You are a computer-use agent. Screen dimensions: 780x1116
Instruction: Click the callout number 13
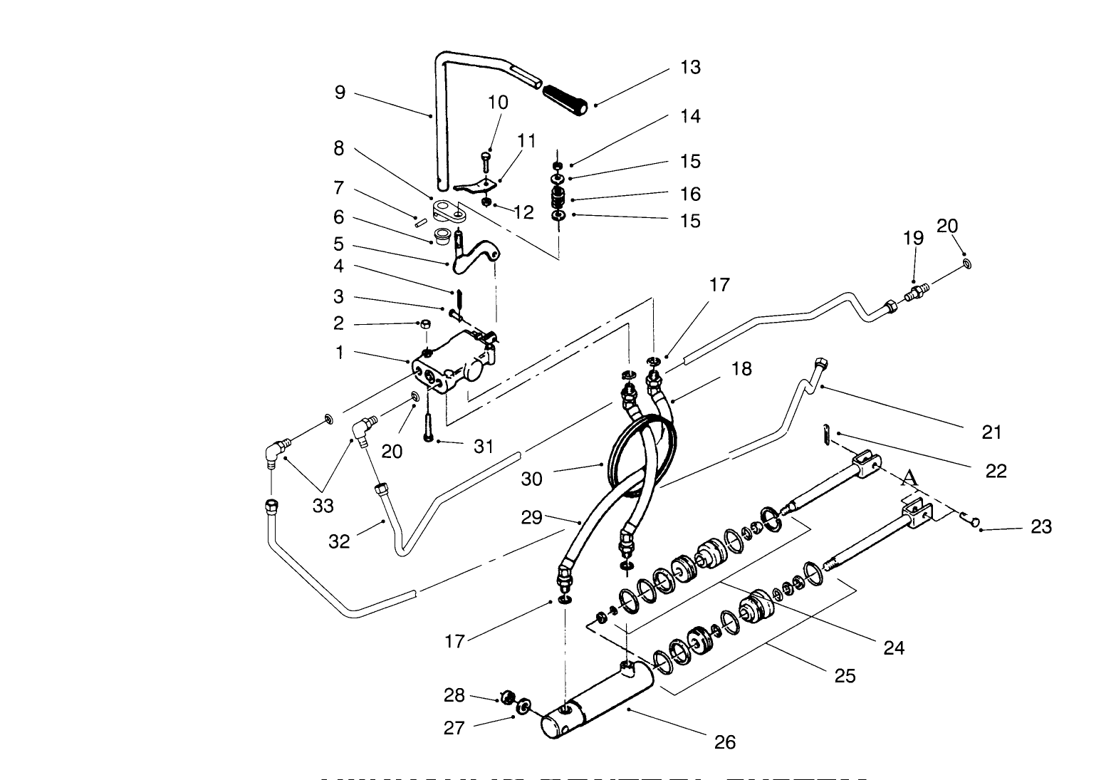[x=689, y=68]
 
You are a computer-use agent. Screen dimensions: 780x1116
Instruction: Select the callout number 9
[x=340, y=93]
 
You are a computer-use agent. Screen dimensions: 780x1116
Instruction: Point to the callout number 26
[x=724, y=742]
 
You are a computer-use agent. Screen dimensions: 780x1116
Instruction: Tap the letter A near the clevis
[x=908, y=478]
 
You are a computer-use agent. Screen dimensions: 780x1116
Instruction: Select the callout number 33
[x=323, y=506]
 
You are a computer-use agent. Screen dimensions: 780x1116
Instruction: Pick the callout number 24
[x=893, y=648]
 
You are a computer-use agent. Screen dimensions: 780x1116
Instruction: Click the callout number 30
[x=531, y=479]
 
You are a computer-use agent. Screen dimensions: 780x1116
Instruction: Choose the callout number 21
[x=991, y=432]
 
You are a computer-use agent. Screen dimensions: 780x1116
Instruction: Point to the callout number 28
[x=454, y=695]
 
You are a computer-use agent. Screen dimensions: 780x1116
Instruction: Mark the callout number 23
[x=1041, y=526]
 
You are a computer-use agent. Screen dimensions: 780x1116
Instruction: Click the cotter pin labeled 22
[x=825, y=433]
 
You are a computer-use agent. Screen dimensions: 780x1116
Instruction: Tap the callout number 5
[x=339, y=244]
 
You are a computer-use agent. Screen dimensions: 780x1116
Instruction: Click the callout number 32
[x=339, y=541]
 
